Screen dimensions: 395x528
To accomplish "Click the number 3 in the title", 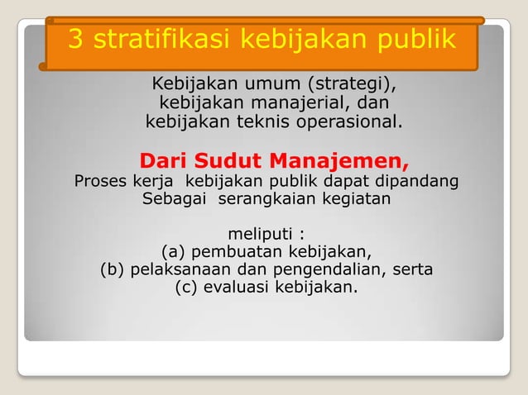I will (x=75, y=40).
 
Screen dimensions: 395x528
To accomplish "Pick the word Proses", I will (x=100, y=180).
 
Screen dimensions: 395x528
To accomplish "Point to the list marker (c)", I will (x=188, y=288).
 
